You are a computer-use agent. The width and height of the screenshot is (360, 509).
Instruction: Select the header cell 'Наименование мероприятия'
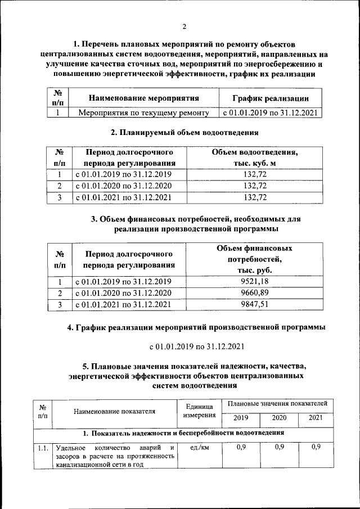pos(144,98)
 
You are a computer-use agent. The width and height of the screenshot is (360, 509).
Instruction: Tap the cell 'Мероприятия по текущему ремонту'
pos(143,113)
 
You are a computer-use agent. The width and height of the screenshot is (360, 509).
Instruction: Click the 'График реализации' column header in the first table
pos(271,98)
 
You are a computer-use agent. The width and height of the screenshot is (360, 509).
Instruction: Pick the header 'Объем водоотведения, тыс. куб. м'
pos(254,157)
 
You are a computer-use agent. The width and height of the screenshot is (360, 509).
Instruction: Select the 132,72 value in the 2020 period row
pos(254,186)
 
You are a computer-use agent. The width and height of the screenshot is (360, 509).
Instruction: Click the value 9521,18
pos(254,282)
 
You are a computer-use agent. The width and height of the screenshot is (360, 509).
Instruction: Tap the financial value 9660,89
pos(254,294)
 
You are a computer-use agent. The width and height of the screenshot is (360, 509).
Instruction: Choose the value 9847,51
pos(254,305)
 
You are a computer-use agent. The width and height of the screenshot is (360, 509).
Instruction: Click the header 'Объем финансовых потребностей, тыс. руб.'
pos(254,259)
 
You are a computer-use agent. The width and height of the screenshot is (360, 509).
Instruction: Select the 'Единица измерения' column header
pos(199,411)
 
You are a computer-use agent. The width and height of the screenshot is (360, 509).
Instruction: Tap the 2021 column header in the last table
pos(316,418)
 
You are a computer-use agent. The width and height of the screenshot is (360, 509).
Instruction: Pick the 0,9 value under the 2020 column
pos(279,447)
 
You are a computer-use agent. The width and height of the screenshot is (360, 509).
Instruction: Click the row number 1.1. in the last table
pos(43,448)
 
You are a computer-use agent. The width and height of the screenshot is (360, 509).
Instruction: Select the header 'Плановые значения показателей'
pos(277,403)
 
